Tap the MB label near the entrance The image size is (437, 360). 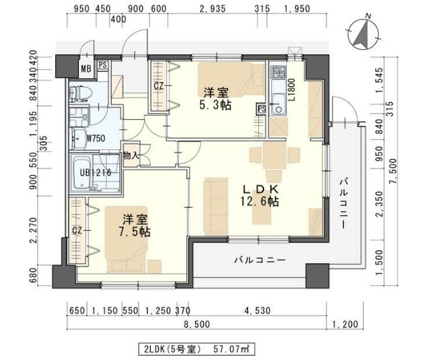pyautogui.click(x=86, y=68)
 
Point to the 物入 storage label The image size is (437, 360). pyautogui.click(x=130, y=156)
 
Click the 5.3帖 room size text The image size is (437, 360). pyautogui.click(x=216, y=106)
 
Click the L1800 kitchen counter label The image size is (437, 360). pyautogui.click(x=292, y=89)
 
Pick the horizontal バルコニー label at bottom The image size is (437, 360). pyautogui.click(x=260, y=259)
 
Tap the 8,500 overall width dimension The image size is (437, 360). pyautogui.click(x=197, y=324)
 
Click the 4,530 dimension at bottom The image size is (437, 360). pyautogui.click(x=257, y=311)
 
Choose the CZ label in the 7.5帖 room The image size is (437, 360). pyautogui.click(x=77, y=229)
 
